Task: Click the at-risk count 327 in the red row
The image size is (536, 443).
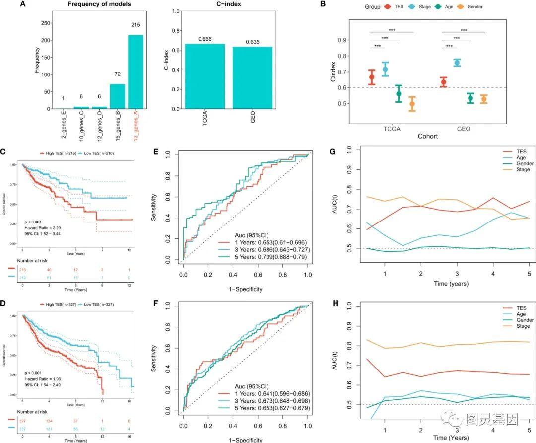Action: (x=23, y=420)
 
